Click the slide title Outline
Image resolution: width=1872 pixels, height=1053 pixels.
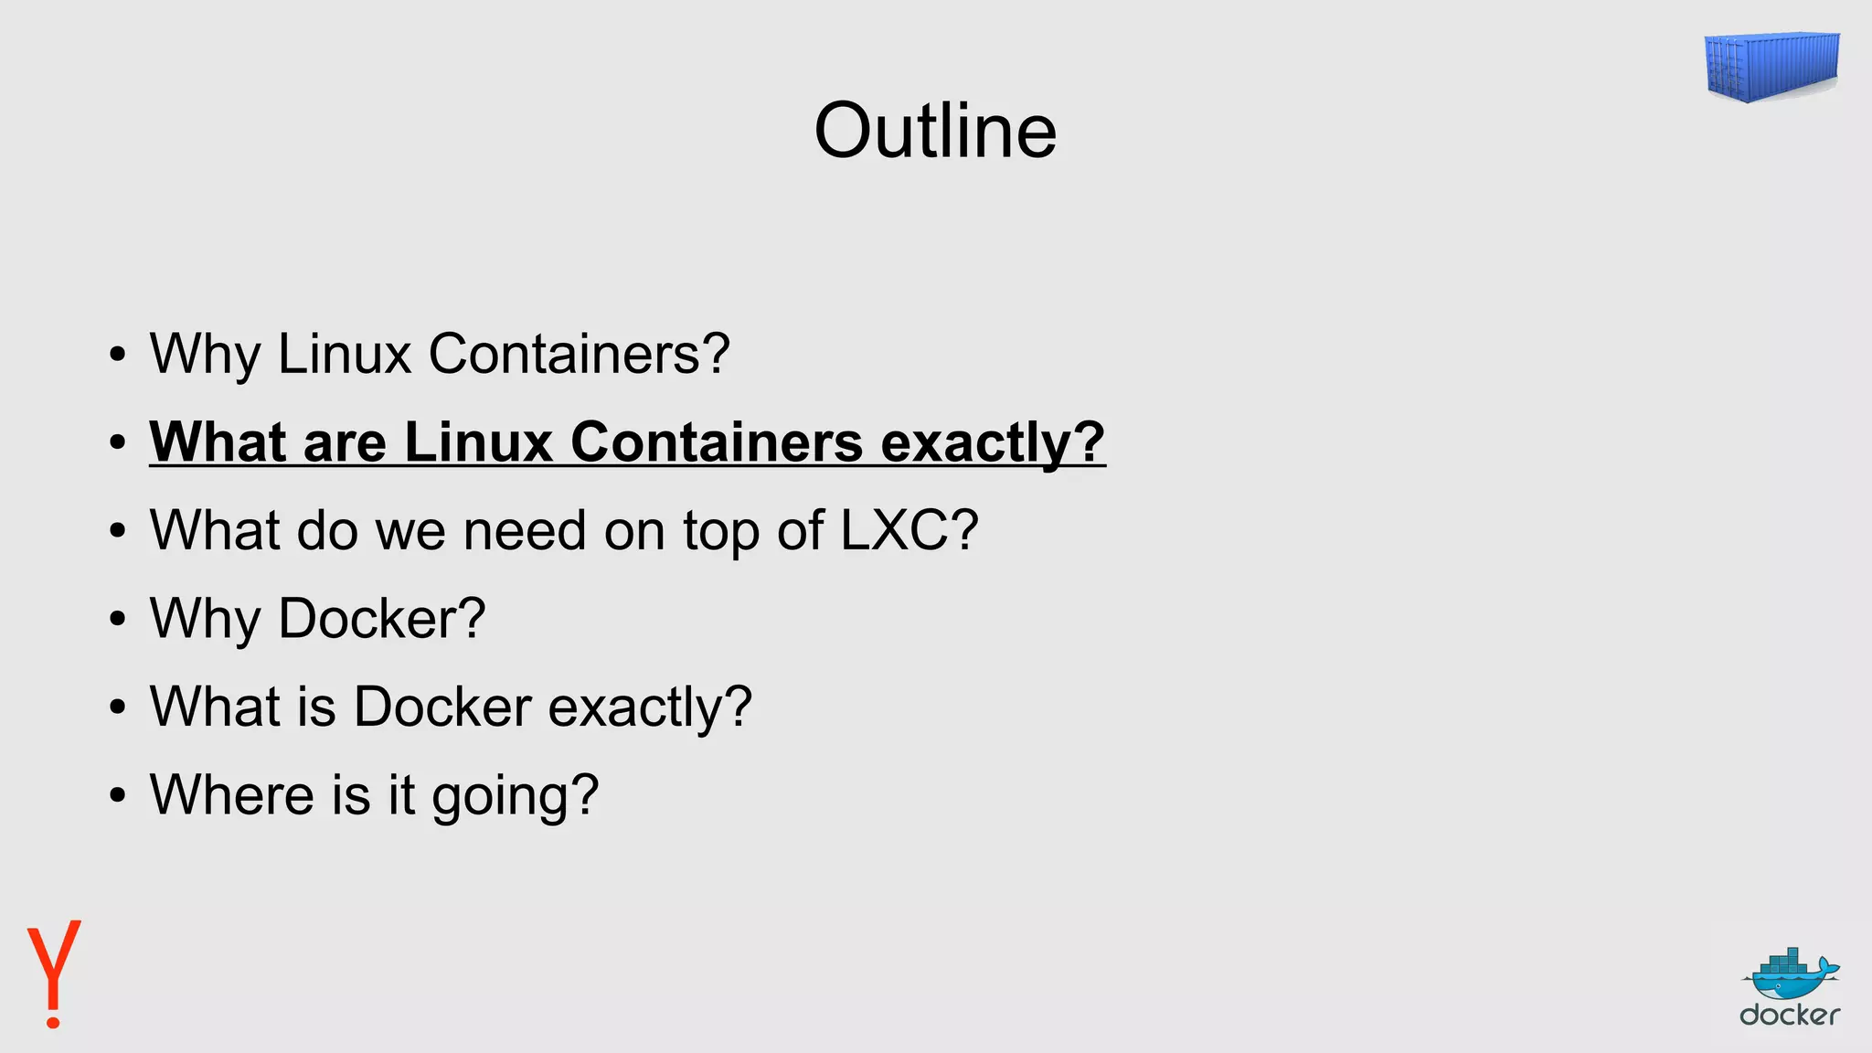pyautogui.click(x=935, y=131)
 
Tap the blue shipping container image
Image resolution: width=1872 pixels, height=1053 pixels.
pyautogui.click(x=1771, y=66)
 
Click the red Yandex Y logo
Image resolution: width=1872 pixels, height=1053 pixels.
pyautogui.click(x=54, y=973)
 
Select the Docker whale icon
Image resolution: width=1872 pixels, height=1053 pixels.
pyautogui.click(x=1789, y=975)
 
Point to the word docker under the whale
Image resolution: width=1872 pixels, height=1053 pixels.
pyautogui.click(x=1789, y=1015)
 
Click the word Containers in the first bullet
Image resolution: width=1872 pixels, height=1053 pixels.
pyautogui.click(x=579, y=354)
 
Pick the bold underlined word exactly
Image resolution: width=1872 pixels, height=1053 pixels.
pyautogui.click(x=992, y=442)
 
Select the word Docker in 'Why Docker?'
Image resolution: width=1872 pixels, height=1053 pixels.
pyautogui.click(x=381, y=619)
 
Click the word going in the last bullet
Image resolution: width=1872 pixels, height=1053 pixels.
pyautogui.click(x=515, y=795)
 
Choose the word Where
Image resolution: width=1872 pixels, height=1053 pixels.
pyautogui.click(x=232, y=794)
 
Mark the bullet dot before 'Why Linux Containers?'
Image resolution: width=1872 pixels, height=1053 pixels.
pyautogui.click(x=117, y=355)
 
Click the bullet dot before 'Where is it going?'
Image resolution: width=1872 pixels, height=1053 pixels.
pyautogui.click(x=117, y=795)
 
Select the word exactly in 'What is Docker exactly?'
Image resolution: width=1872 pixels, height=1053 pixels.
pyautogui.click(x=649, y=707)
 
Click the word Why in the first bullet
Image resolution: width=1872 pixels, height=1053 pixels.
pyautogui.click(x=205, y=355)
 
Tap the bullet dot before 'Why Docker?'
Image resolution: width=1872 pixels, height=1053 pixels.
pyautogui.click(x=117, y=620)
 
